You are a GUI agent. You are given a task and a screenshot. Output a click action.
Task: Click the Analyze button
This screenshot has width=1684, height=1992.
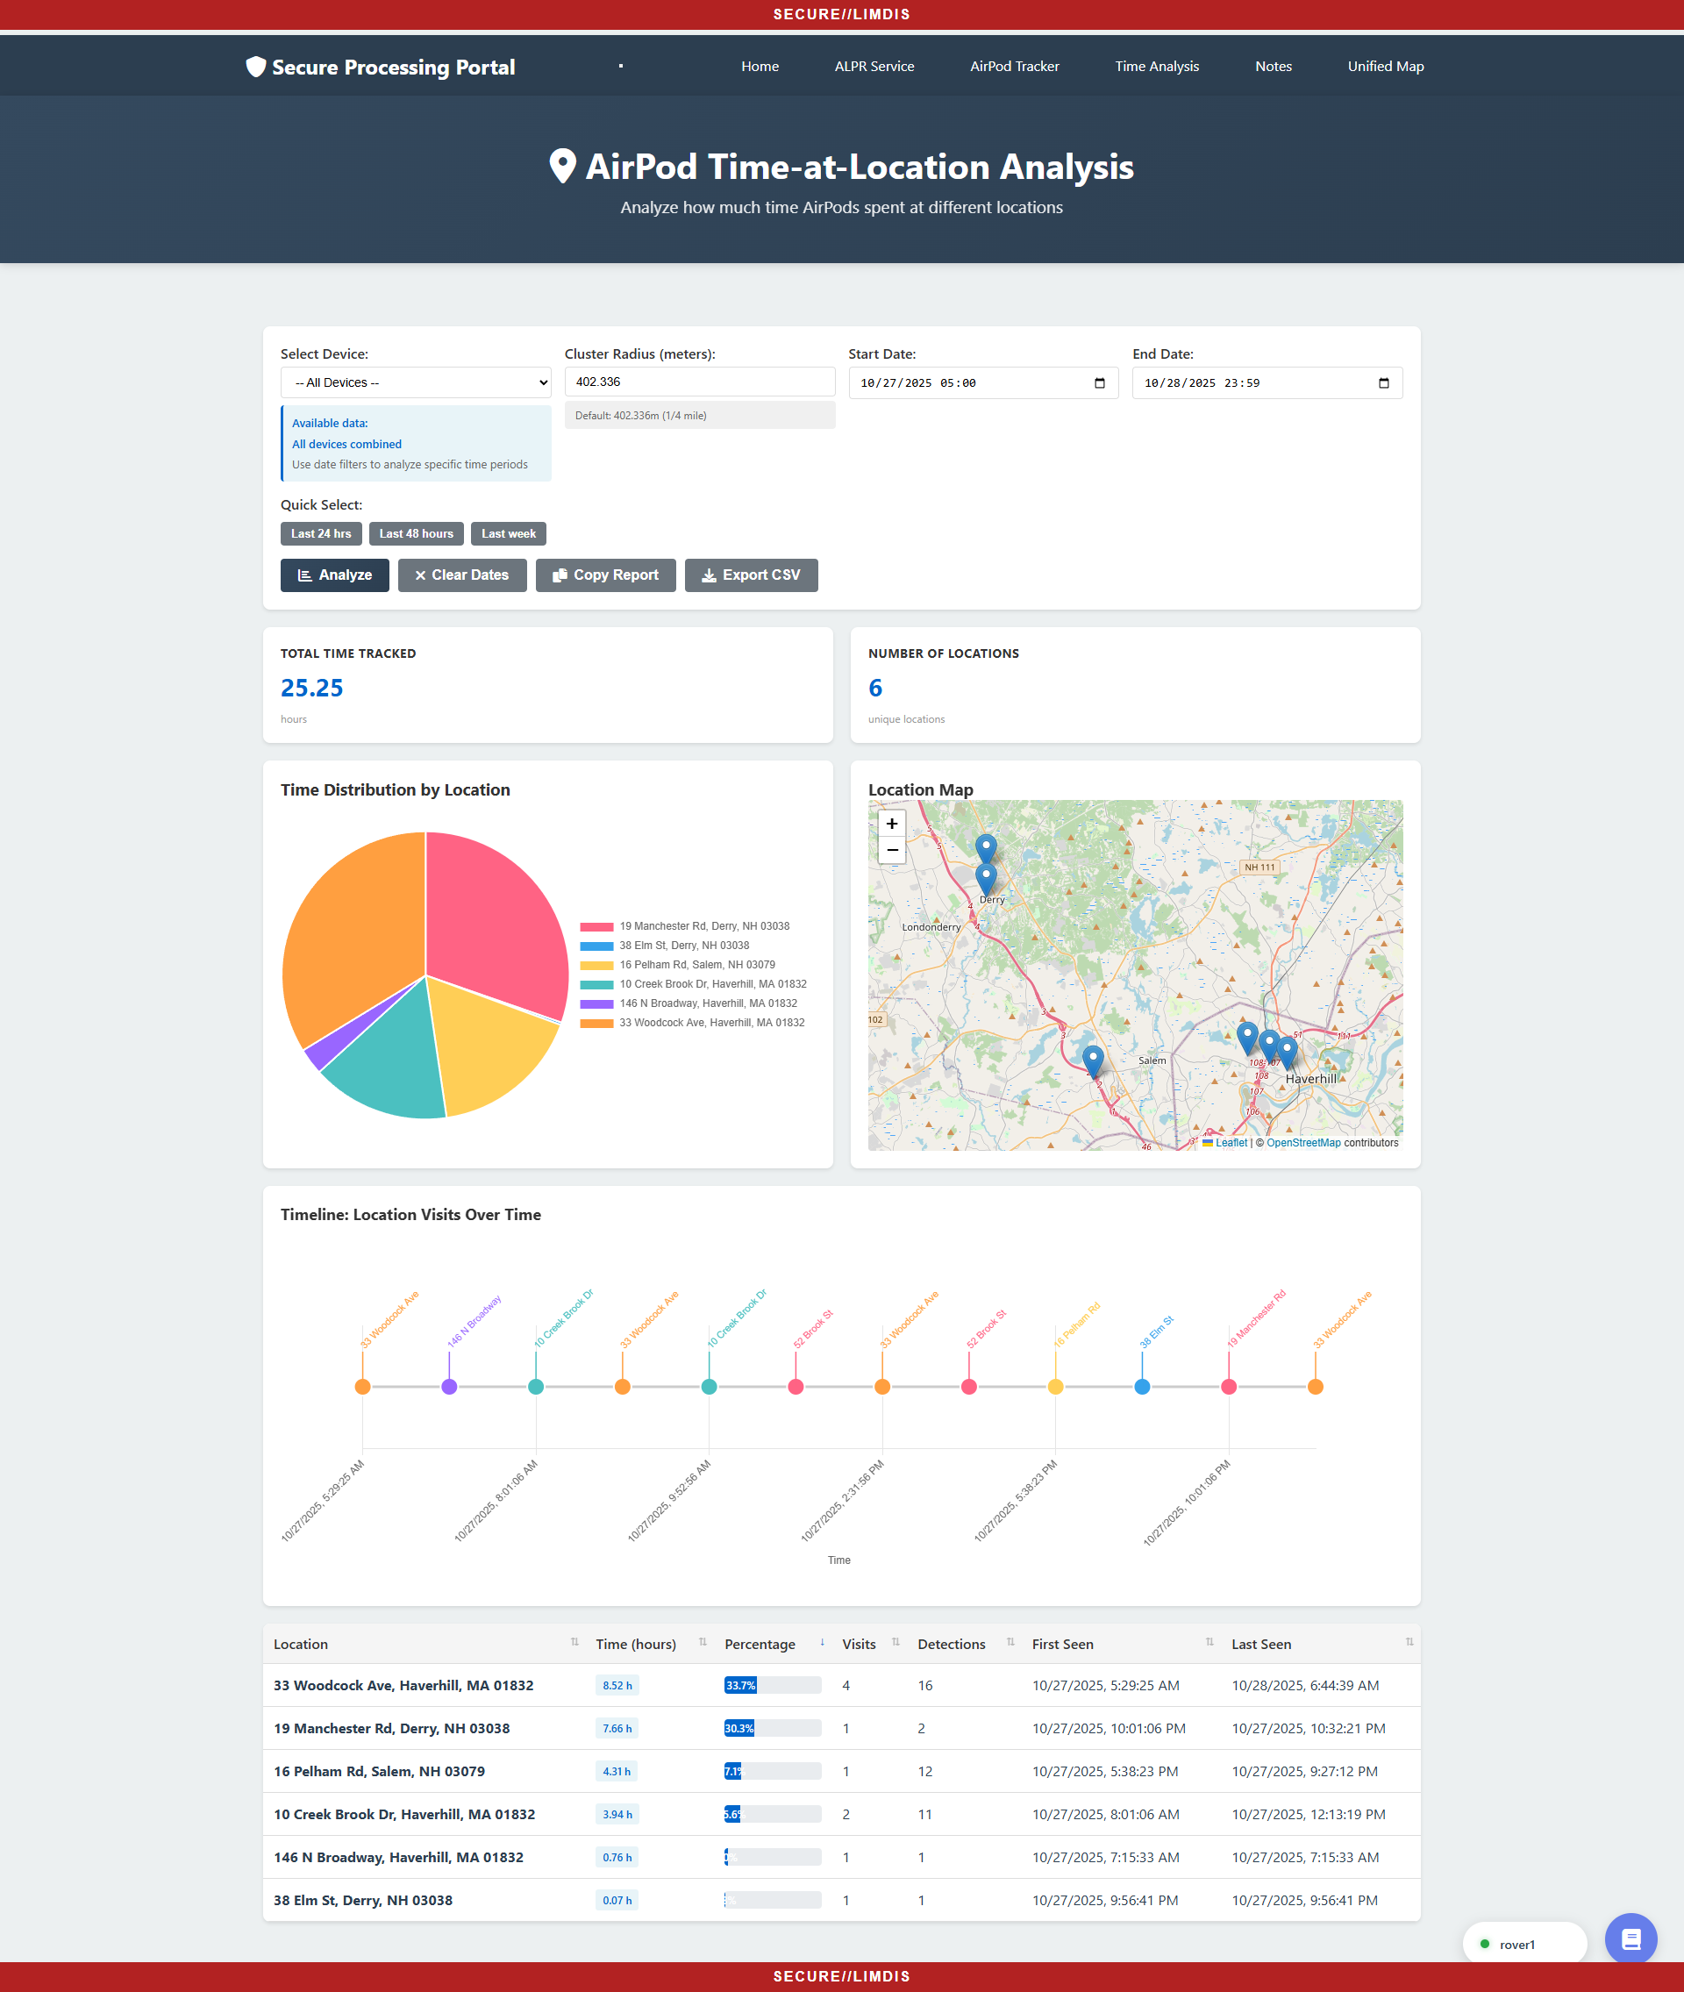coord(334,575)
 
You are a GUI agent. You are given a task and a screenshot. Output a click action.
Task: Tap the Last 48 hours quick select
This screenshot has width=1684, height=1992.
coord(417,533)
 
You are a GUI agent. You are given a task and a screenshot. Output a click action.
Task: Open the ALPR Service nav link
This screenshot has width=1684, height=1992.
coord(874,66)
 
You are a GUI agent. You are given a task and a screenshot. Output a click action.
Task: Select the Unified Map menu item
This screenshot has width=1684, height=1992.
coord(1384,66)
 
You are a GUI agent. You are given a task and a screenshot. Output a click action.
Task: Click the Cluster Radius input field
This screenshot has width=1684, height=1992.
coord(699,382)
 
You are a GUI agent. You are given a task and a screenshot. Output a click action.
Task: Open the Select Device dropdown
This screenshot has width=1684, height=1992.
coord(415,382)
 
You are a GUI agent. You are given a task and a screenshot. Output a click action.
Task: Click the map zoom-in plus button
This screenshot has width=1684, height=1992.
coord(892,824)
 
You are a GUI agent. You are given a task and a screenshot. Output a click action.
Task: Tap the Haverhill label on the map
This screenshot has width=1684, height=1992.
coord(1309,1079)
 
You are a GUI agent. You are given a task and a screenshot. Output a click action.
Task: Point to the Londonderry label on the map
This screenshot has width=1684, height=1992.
coord(931,927)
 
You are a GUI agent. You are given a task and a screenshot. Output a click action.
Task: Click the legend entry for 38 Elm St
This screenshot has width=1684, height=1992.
coord(683,946)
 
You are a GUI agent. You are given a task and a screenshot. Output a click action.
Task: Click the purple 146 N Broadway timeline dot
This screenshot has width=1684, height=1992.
coord(450,1387)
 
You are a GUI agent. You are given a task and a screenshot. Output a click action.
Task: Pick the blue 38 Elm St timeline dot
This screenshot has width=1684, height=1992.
coord(1142,1387)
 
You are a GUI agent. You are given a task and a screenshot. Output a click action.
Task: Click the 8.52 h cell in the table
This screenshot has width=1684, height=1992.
coord(617,1686)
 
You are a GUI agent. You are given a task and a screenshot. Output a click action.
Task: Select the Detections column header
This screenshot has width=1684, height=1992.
coord(951,1644)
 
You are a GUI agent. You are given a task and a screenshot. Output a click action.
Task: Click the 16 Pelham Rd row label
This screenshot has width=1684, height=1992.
coord(379,1772)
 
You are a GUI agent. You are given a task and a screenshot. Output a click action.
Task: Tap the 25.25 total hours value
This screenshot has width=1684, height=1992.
coord(311,689)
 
